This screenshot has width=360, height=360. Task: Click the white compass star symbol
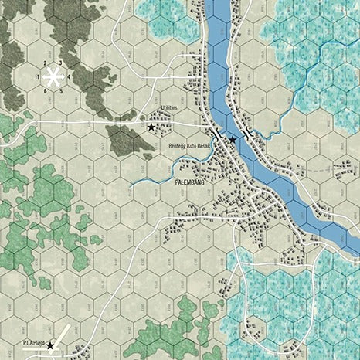pos(53,76)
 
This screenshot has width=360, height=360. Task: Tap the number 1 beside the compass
pos(37,76)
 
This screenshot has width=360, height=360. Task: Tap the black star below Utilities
pos(151,126)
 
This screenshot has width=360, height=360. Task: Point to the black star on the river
pos(232,138)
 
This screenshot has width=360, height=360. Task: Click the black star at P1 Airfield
pos(51,345)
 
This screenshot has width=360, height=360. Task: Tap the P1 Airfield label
pos(33,341)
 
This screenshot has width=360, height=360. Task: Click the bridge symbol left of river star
pos(219,134)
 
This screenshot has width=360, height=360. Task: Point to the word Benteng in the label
pos(176,146)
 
